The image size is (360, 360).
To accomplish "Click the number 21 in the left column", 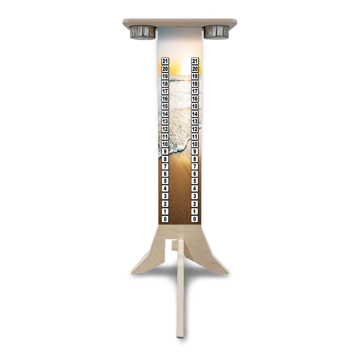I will tap(165, 61).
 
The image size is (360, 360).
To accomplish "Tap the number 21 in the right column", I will tap(195, 61).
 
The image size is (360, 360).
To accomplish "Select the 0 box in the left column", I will tap(165, 219).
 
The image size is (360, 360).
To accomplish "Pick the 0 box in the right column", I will tap(195, 219).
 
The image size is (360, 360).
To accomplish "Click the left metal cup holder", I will tap(143, 32).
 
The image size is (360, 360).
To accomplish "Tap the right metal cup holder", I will tap(216, 32).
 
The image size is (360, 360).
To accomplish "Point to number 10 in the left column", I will tap(165, 144).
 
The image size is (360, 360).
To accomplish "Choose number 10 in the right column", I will tap(195, 144).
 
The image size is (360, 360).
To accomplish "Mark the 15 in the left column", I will tap(165, 106).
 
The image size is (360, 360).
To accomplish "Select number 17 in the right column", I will tap(195, 91).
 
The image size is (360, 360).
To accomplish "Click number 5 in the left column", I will tap(165, 181).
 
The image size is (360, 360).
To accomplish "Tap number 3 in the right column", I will tap(195, 196).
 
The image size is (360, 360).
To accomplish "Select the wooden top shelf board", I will tap(180, 22).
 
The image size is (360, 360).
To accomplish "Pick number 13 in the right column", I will tap(195, 121).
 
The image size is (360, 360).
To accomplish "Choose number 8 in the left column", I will tap(165, 159).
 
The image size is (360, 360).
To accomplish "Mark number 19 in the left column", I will tap(165, 76).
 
